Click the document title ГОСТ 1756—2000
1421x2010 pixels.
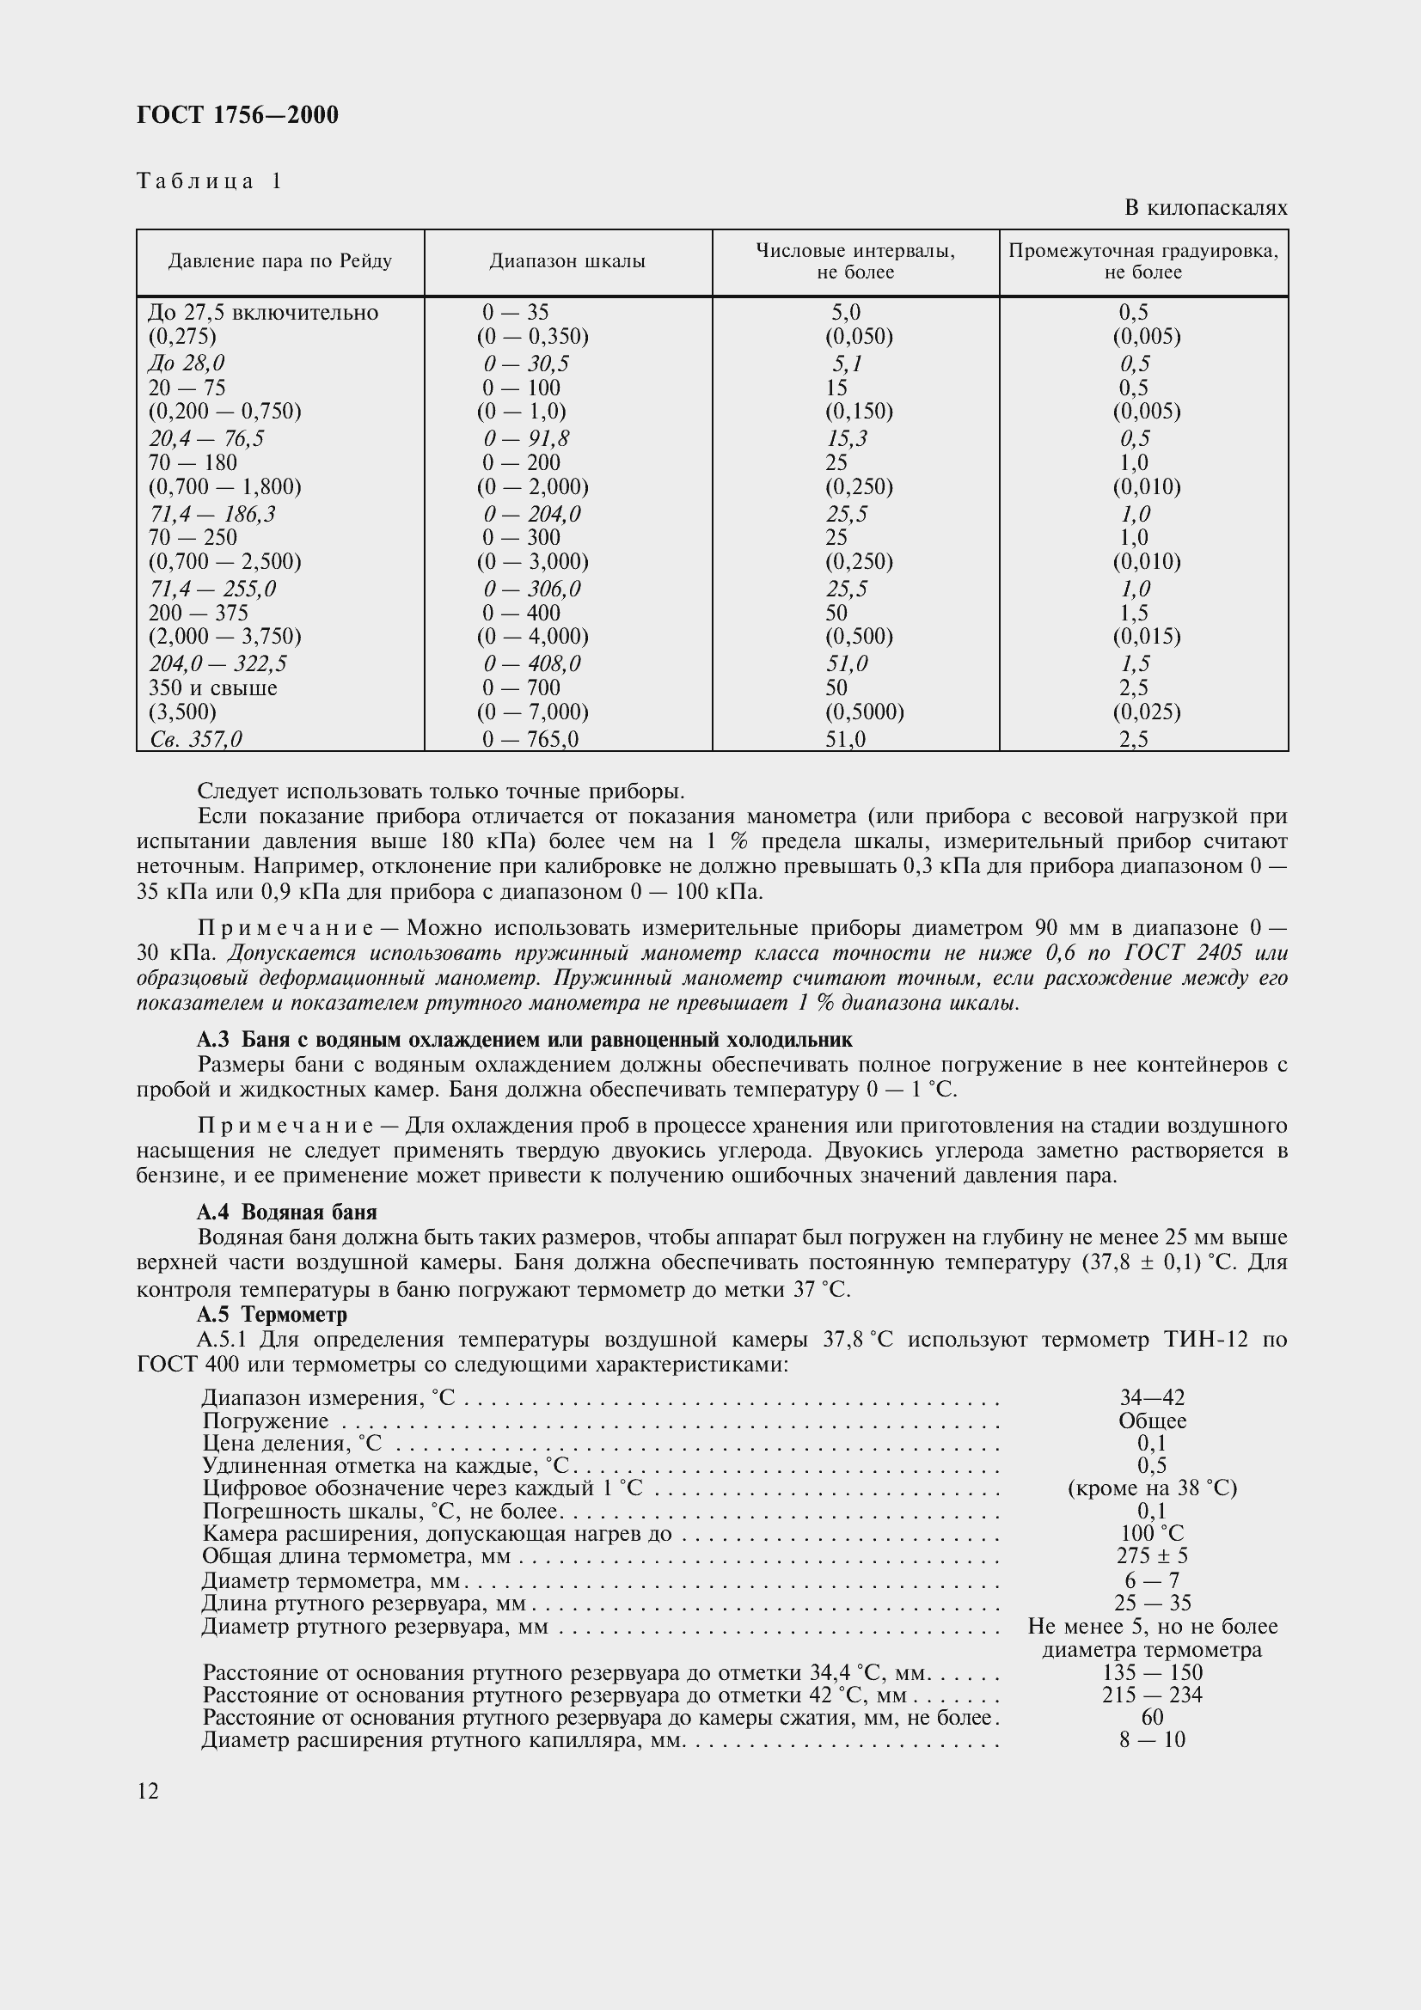(x=237, y=115)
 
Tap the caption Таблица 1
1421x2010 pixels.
(x=209, y=181)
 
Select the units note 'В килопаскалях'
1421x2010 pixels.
(x=1205, y=208)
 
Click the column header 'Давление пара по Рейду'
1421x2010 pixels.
(x=280, y=261)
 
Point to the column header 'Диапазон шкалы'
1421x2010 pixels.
(x=567, y=261)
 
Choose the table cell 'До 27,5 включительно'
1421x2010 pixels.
(x=264, y=313)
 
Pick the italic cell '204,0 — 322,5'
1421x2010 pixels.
(x=218, y=663)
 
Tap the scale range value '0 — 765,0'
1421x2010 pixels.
(x=530, y=740)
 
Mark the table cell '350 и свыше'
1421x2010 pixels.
(x=212, y=688)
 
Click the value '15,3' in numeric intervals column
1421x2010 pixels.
(x=847, y=437)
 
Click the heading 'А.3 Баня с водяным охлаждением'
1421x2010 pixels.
(x=524, y=1040)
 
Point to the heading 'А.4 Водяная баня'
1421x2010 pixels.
(x=287, y=1213)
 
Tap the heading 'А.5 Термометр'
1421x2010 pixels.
(x=273, y=1314)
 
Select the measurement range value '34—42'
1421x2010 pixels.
(x=1152, y=1398)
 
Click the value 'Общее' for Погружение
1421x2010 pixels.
(x=1152, y=1420)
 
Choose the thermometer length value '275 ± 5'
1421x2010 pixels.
(x=1152, y=1555)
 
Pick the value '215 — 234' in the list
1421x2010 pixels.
(x=1152, y=1695)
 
